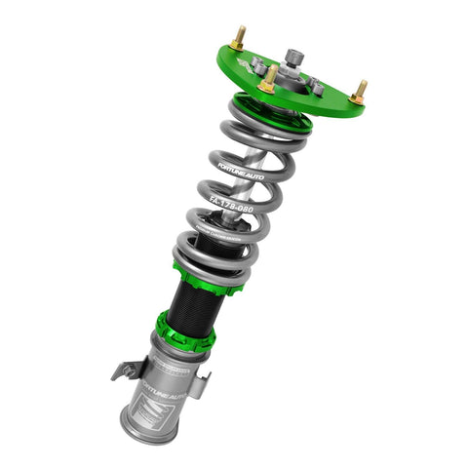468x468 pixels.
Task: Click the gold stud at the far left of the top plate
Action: (238, 41)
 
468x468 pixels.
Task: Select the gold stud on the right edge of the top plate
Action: (359, 92)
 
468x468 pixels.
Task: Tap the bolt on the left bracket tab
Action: (122, 371)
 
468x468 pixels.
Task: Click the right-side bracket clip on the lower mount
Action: (199, 384)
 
